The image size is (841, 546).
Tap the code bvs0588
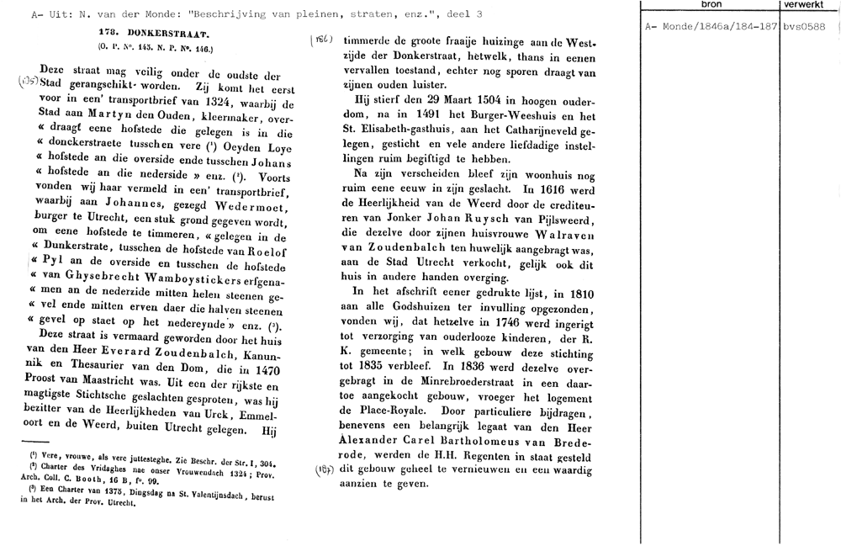pyautogui.click(x=804, y=26)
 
